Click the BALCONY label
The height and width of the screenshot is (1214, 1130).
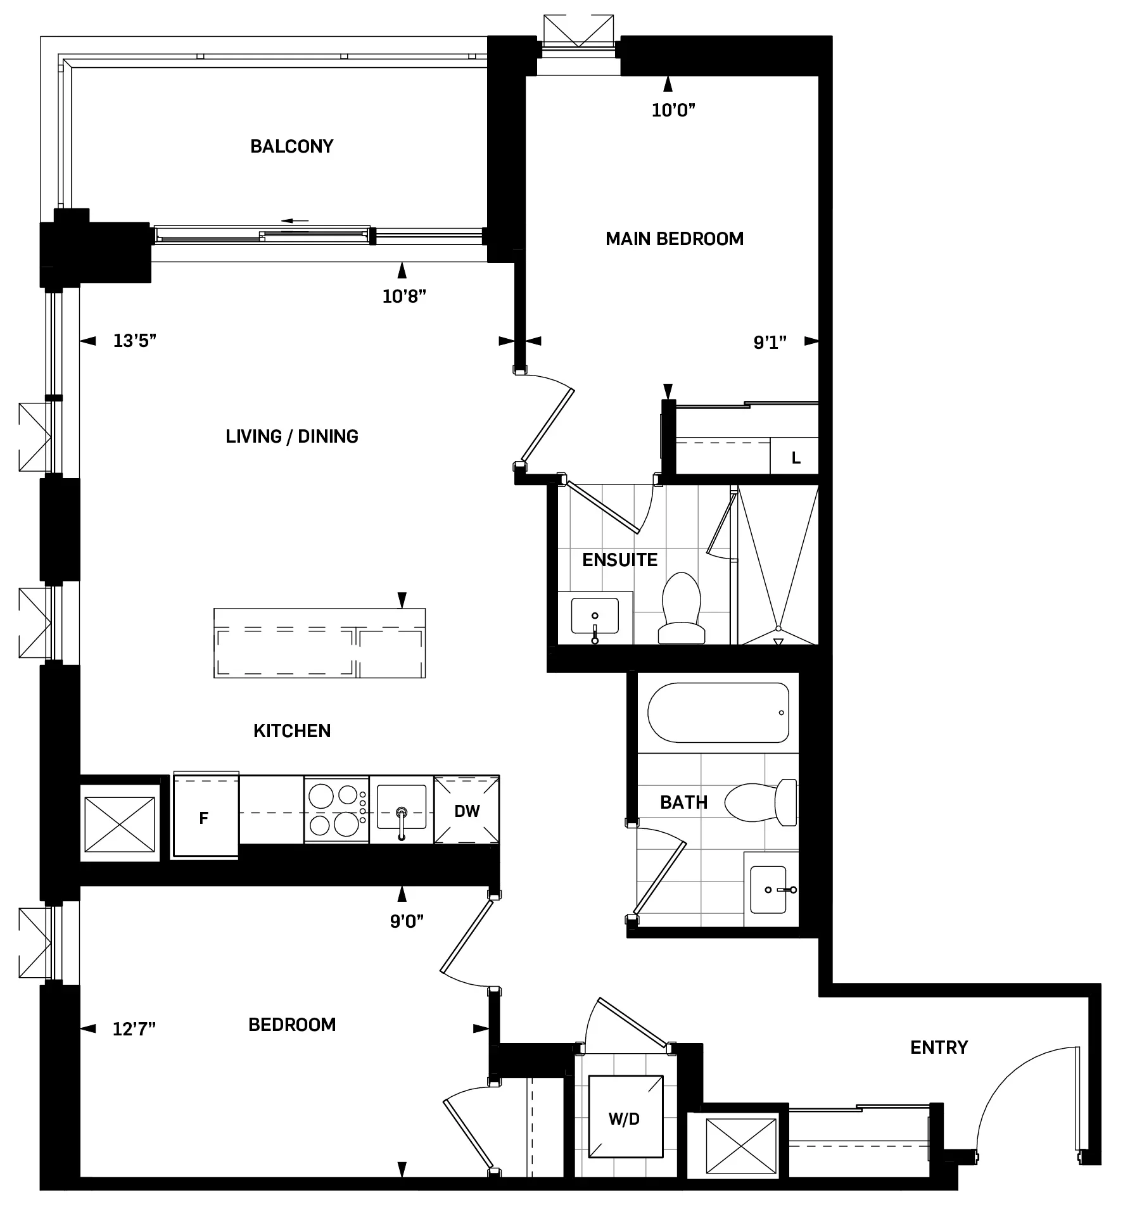(x=291, y=146)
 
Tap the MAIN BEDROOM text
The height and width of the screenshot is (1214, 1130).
(x=674, y=239)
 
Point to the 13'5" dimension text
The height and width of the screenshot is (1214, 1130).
(x=134, y=341)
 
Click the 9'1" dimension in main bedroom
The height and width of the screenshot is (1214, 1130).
(x=770, y=343)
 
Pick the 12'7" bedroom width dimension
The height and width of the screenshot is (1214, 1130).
(x=134, y=1029)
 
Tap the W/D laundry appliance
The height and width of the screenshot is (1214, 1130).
(x=625, y=1119)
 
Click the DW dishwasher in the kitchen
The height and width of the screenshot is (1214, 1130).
(x=467, y=811)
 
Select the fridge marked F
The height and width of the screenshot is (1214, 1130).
(x=204, y=818)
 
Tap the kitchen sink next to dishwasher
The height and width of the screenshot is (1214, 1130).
(x=401, y=807)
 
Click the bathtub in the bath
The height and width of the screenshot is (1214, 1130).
(x=718, y=712)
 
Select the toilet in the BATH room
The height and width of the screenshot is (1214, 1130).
(x=760, y=802)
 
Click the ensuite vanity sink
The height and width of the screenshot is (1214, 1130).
(x=595, y=617)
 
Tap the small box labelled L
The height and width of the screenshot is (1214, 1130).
(x=796, y=458)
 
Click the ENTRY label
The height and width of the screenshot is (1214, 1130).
(x=939, y=1047)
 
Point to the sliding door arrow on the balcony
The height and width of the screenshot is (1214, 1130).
(x=295, y=221)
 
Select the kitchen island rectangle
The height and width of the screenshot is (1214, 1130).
(x=319, y=643)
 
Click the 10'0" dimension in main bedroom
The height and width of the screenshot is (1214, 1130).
(x=673, y=110)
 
